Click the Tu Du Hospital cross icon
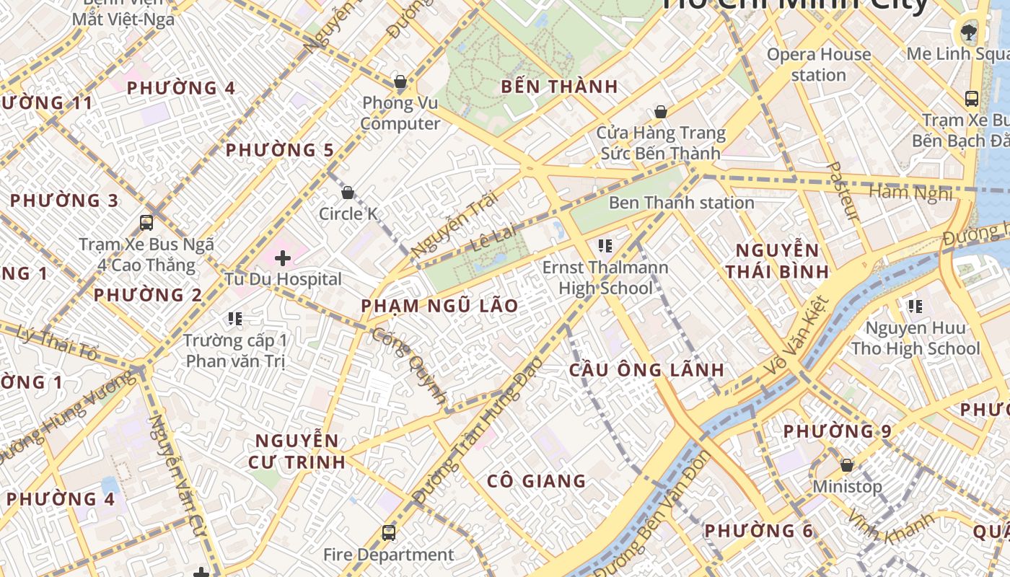pos(283,257)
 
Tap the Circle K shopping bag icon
pos(348,193)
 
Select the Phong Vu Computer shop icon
pos(400,82)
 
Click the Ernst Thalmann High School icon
pos(605,246)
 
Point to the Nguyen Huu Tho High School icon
pos(915,307)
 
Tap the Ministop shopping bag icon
pos(847,465)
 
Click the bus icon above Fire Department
pos(389,533)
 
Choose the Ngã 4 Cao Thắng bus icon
pos(146,223)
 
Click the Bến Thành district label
pos(559,87)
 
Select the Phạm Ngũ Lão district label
pos(439,306)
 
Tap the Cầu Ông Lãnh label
pos(646,370)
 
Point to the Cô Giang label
pos(536,481)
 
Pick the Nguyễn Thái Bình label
pos(777,261)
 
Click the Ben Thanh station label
pos(681,203)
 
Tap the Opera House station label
pos(818,64)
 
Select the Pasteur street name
pos(842,190)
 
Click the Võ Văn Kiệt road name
pos(796,338)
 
